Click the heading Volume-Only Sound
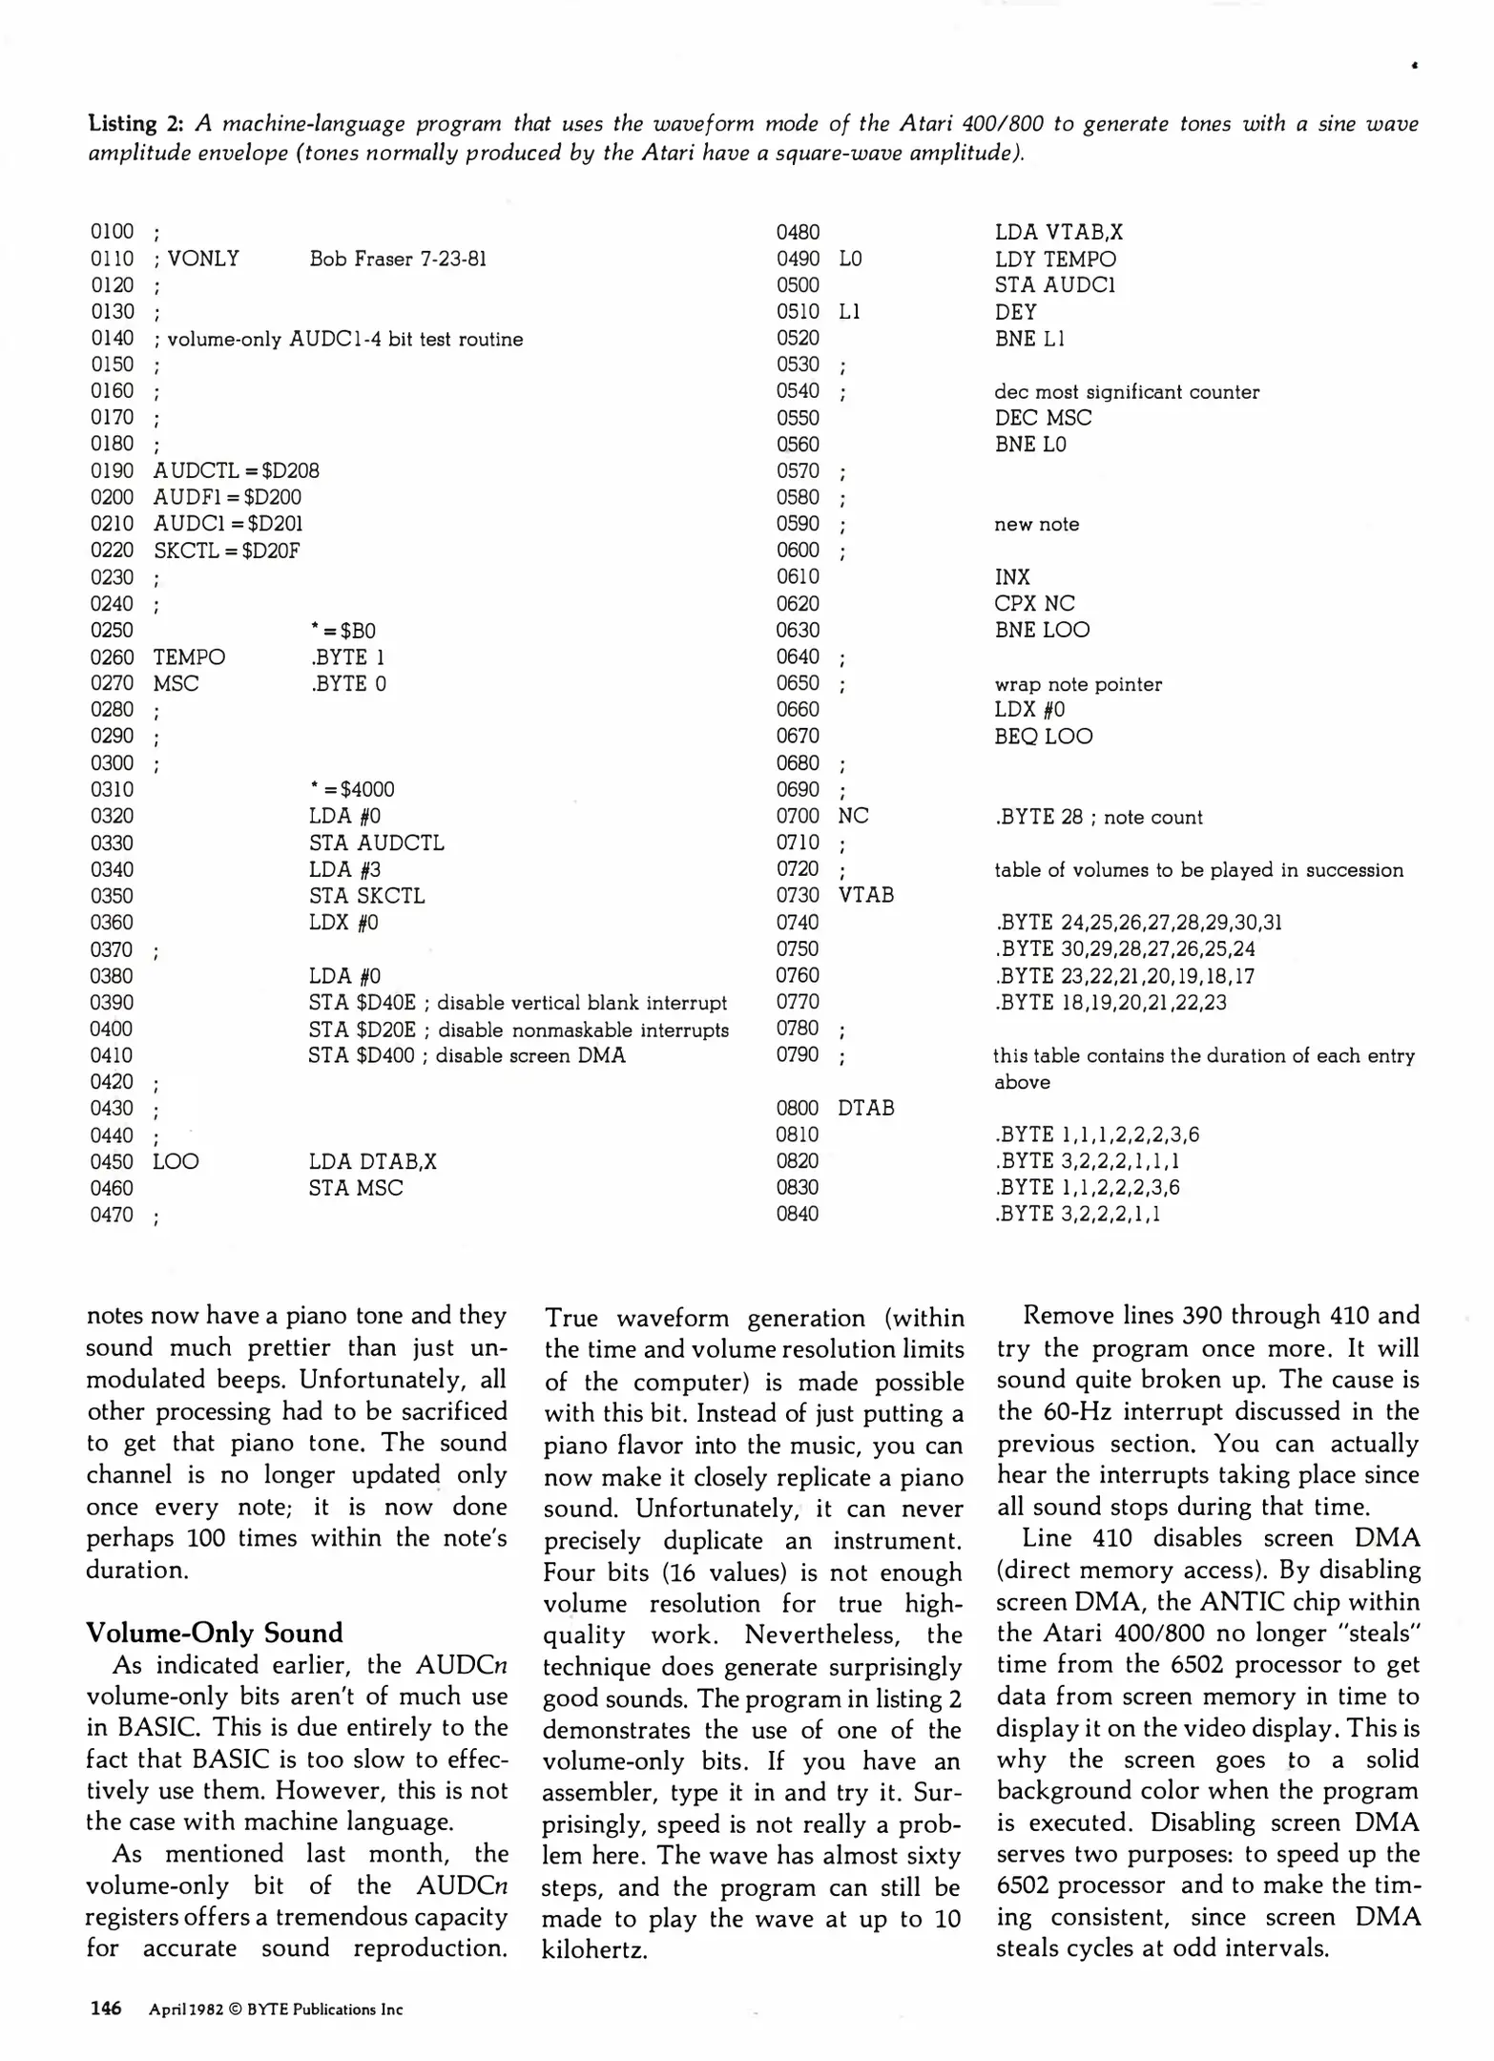[214, 1633]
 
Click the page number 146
[105, 2009]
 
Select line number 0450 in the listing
[112, 1161]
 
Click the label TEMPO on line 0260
[189, 656]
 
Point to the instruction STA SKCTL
[366, 895]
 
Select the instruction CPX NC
[1034, 603]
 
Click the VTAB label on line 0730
[865, 895]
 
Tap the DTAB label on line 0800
[865, 1108]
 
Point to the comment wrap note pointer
[1077, 684]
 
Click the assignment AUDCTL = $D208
[236, 470]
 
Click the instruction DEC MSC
[1042, 418]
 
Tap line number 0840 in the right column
[798, 1214]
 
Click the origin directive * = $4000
[352, 789]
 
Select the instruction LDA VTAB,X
[1058, 232]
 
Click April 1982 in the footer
[186, 2009]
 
